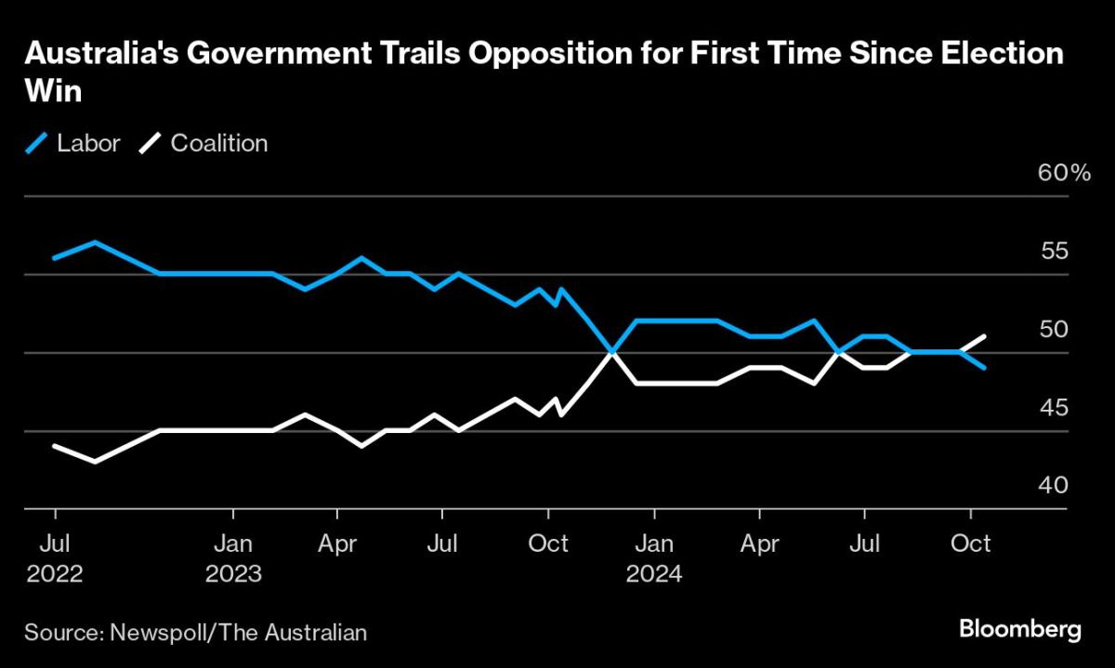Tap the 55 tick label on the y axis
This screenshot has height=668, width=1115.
1054,252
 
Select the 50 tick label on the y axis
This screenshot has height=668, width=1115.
1054,330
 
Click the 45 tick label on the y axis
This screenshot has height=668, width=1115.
1054,408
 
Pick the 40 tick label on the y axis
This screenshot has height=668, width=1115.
1054,486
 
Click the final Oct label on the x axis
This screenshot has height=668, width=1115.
971,542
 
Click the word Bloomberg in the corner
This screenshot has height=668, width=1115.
1019,630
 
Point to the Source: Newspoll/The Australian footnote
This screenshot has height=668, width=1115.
196,633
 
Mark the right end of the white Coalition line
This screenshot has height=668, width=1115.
985,336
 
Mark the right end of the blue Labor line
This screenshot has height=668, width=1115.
985,368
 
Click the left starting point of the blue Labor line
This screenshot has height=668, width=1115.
55,257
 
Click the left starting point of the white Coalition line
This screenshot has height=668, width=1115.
55,446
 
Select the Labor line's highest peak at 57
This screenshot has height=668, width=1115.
95,242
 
